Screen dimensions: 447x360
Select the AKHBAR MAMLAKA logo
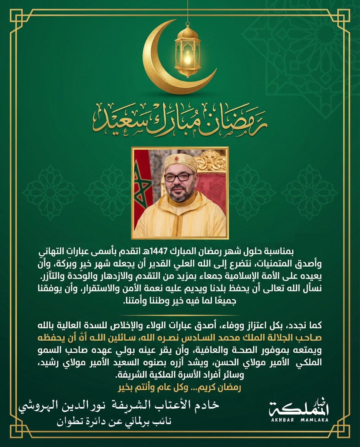point(299,411)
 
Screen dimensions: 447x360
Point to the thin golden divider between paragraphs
point(180,315)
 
